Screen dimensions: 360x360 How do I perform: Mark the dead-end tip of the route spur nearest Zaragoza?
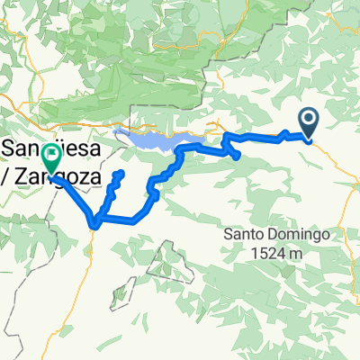pyautogui.click(x=119, y=173)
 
